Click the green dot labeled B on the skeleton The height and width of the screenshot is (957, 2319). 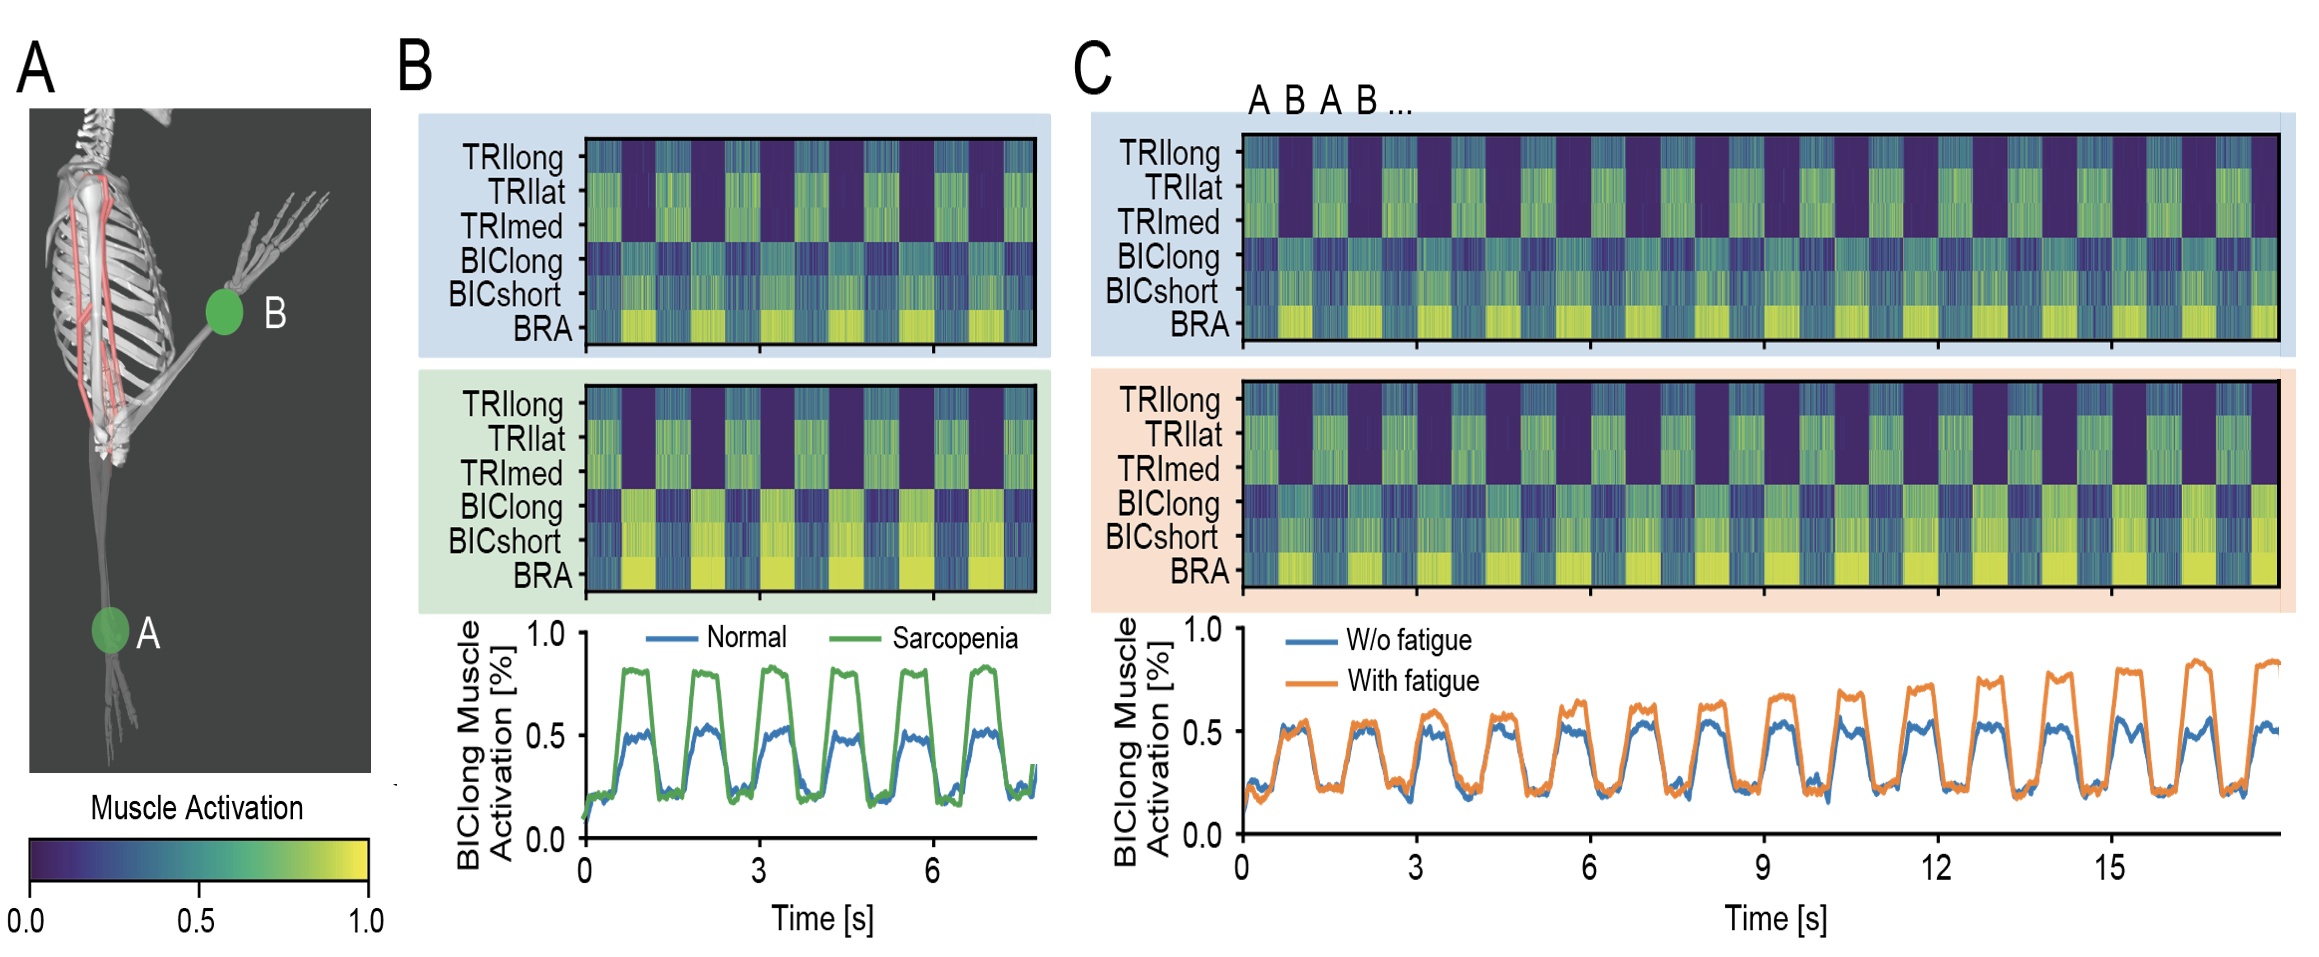pos(224,312)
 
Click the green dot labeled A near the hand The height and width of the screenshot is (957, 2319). pos(110,629)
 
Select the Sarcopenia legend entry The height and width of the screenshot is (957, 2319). pos(954,638)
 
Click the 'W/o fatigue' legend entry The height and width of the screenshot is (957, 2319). pos(1408,640)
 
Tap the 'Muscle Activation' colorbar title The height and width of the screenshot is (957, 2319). pos(197,807)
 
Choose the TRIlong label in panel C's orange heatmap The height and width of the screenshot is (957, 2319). pos(1169,400)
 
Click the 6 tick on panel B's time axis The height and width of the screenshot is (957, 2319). pos(933,870)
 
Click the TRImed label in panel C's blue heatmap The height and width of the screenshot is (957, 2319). pos(1169,221)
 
